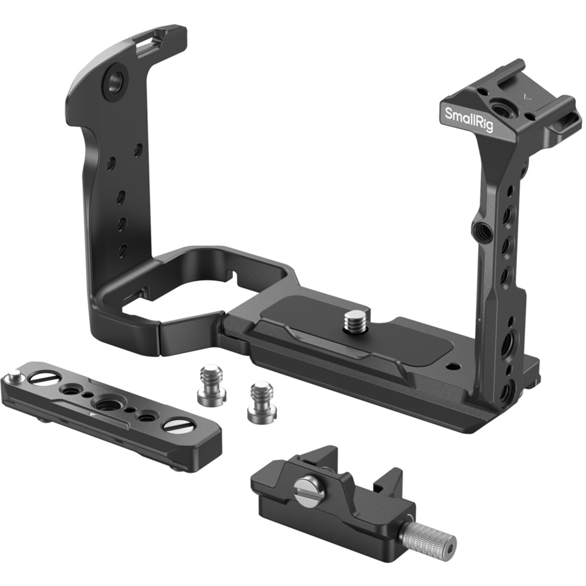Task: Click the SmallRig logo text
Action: (468, 119)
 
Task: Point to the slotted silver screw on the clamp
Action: (307, 487)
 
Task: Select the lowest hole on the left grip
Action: (122, 250)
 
